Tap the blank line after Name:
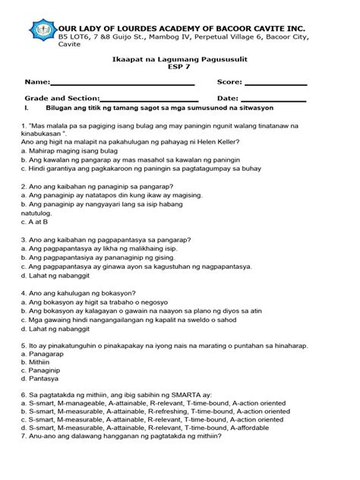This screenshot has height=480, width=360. tap(123, 83)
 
